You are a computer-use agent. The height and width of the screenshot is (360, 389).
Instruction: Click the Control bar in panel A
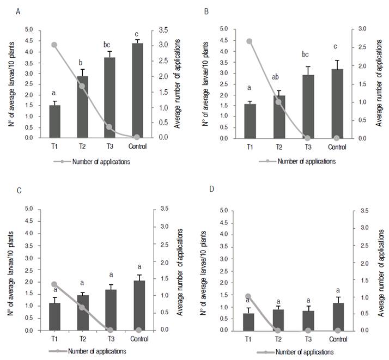tap(137, 90)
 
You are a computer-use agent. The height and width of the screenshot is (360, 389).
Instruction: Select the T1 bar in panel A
tap(54, 121)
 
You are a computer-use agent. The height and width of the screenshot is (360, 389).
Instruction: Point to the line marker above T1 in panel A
tap(54, 45)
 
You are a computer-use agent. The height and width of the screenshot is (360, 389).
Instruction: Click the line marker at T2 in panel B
tap(279, 102)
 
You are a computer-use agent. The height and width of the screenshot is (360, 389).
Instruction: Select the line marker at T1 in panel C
tap(54, 284)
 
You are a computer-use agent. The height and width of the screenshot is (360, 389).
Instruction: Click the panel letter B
tap(205, 10)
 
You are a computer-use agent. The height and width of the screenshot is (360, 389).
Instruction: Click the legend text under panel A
tap(101, 161)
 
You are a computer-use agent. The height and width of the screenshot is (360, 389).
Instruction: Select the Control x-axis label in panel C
tap(138, 338)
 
